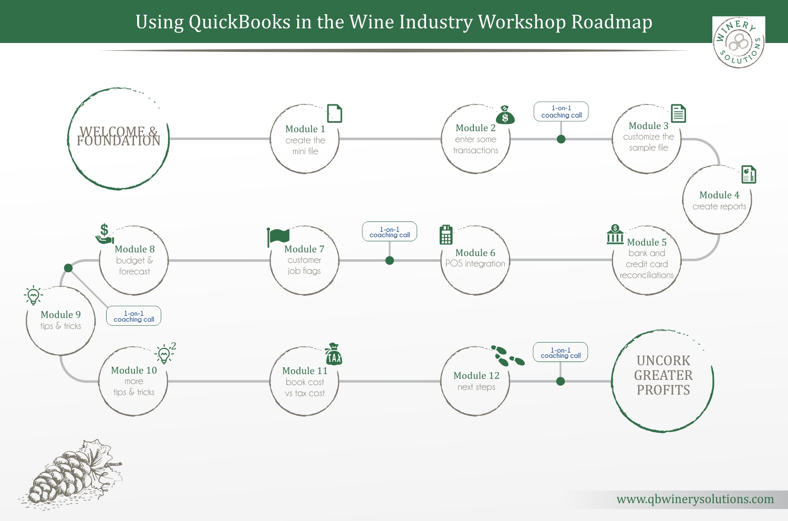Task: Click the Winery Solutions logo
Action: coord(739,42)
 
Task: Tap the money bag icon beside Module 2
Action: coord(505,115)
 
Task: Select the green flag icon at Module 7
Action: coord(278,237)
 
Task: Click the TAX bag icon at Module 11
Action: coord(334,355)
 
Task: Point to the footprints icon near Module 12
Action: coord(507,356)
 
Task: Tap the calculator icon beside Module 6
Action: coord(446,235)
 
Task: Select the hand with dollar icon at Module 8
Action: coord(105,234)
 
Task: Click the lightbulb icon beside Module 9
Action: coord(33,295)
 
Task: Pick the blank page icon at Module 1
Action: coord(335,113)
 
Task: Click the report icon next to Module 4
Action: coord(749,174)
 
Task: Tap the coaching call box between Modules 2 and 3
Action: coord(561,112)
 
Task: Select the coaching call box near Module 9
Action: coord(134,316)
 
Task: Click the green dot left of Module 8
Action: coord(68,268)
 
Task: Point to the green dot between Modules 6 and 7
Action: coord(390,261)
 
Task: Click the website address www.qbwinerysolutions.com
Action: coord(695,499)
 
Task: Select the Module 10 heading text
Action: coord(134,370)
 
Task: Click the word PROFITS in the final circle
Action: coord(663,390)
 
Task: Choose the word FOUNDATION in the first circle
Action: coord(119,141)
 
